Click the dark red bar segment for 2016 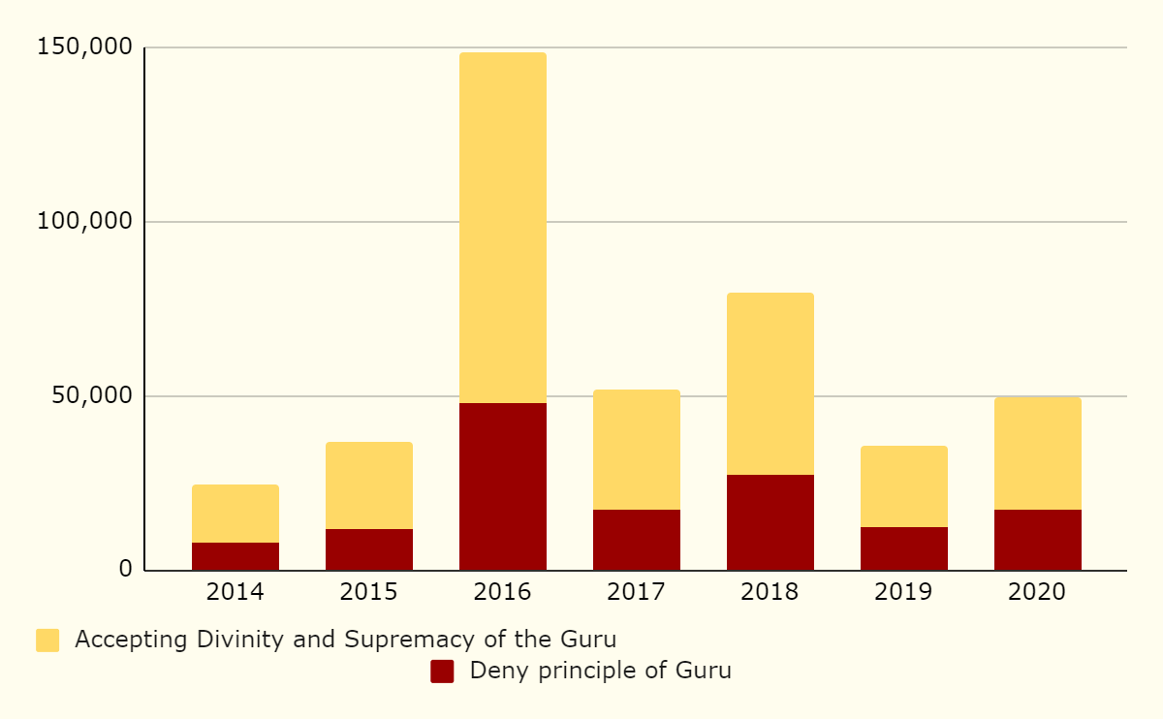point(503,486)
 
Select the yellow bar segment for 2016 point(503,228)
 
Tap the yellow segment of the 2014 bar point(236,514)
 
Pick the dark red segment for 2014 point(236,556)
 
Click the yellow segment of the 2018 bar point(770,384)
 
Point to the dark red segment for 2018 point(770,522)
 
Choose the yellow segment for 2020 point(1038,453)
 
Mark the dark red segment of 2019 point(904,548)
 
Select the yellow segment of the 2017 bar point(637,450)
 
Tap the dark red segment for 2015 point(369,549)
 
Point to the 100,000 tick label point(83,221)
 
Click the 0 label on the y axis point(125,569)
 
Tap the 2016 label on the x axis point(503,592)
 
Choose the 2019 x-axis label point(904,592)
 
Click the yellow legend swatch point(47,641)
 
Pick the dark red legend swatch point(442,672)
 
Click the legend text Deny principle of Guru point(600,671)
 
